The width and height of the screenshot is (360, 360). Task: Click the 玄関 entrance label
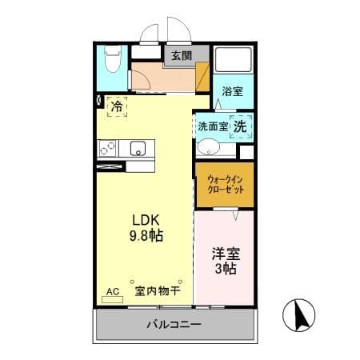coord(182,56)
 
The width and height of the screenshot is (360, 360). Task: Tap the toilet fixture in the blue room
coord(113,58)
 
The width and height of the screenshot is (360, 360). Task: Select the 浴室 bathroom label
coord(233,91)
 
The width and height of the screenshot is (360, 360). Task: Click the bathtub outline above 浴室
coord(234,60)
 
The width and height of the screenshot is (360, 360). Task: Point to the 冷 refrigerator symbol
coord(117,106)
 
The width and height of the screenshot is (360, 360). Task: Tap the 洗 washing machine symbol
coord(240,126)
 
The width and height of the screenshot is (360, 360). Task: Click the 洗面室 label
coord(213,126)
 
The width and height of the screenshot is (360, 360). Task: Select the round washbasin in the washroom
coord(208,147)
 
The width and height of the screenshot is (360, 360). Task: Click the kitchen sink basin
coord(138,148)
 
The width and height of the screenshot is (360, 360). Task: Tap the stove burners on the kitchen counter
coord(107,148)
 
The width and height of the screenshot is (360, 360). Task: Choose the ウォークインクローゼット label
coord(226,184)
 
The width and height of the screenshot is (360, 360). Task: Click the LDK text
coord(146,220)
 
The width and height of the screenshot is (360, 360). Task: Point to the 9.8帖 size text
coord(146,235)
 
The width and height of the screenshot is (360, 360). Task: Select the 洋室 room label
coord(226,254)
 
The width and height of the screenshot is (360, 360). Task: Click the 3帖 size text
coord(226,269)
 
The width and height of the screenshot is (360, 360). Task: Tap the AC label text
coord(113,291)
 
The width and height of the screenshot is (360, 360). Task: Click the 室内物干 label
coord(158,291)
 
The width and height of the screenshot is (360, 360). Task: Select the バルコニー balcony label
coord(174,325)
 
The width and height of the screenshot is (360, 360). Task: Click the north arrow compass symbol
coord(298,315)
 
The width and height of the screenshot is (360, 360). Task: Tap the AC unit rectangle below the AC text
coord(113,300)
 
